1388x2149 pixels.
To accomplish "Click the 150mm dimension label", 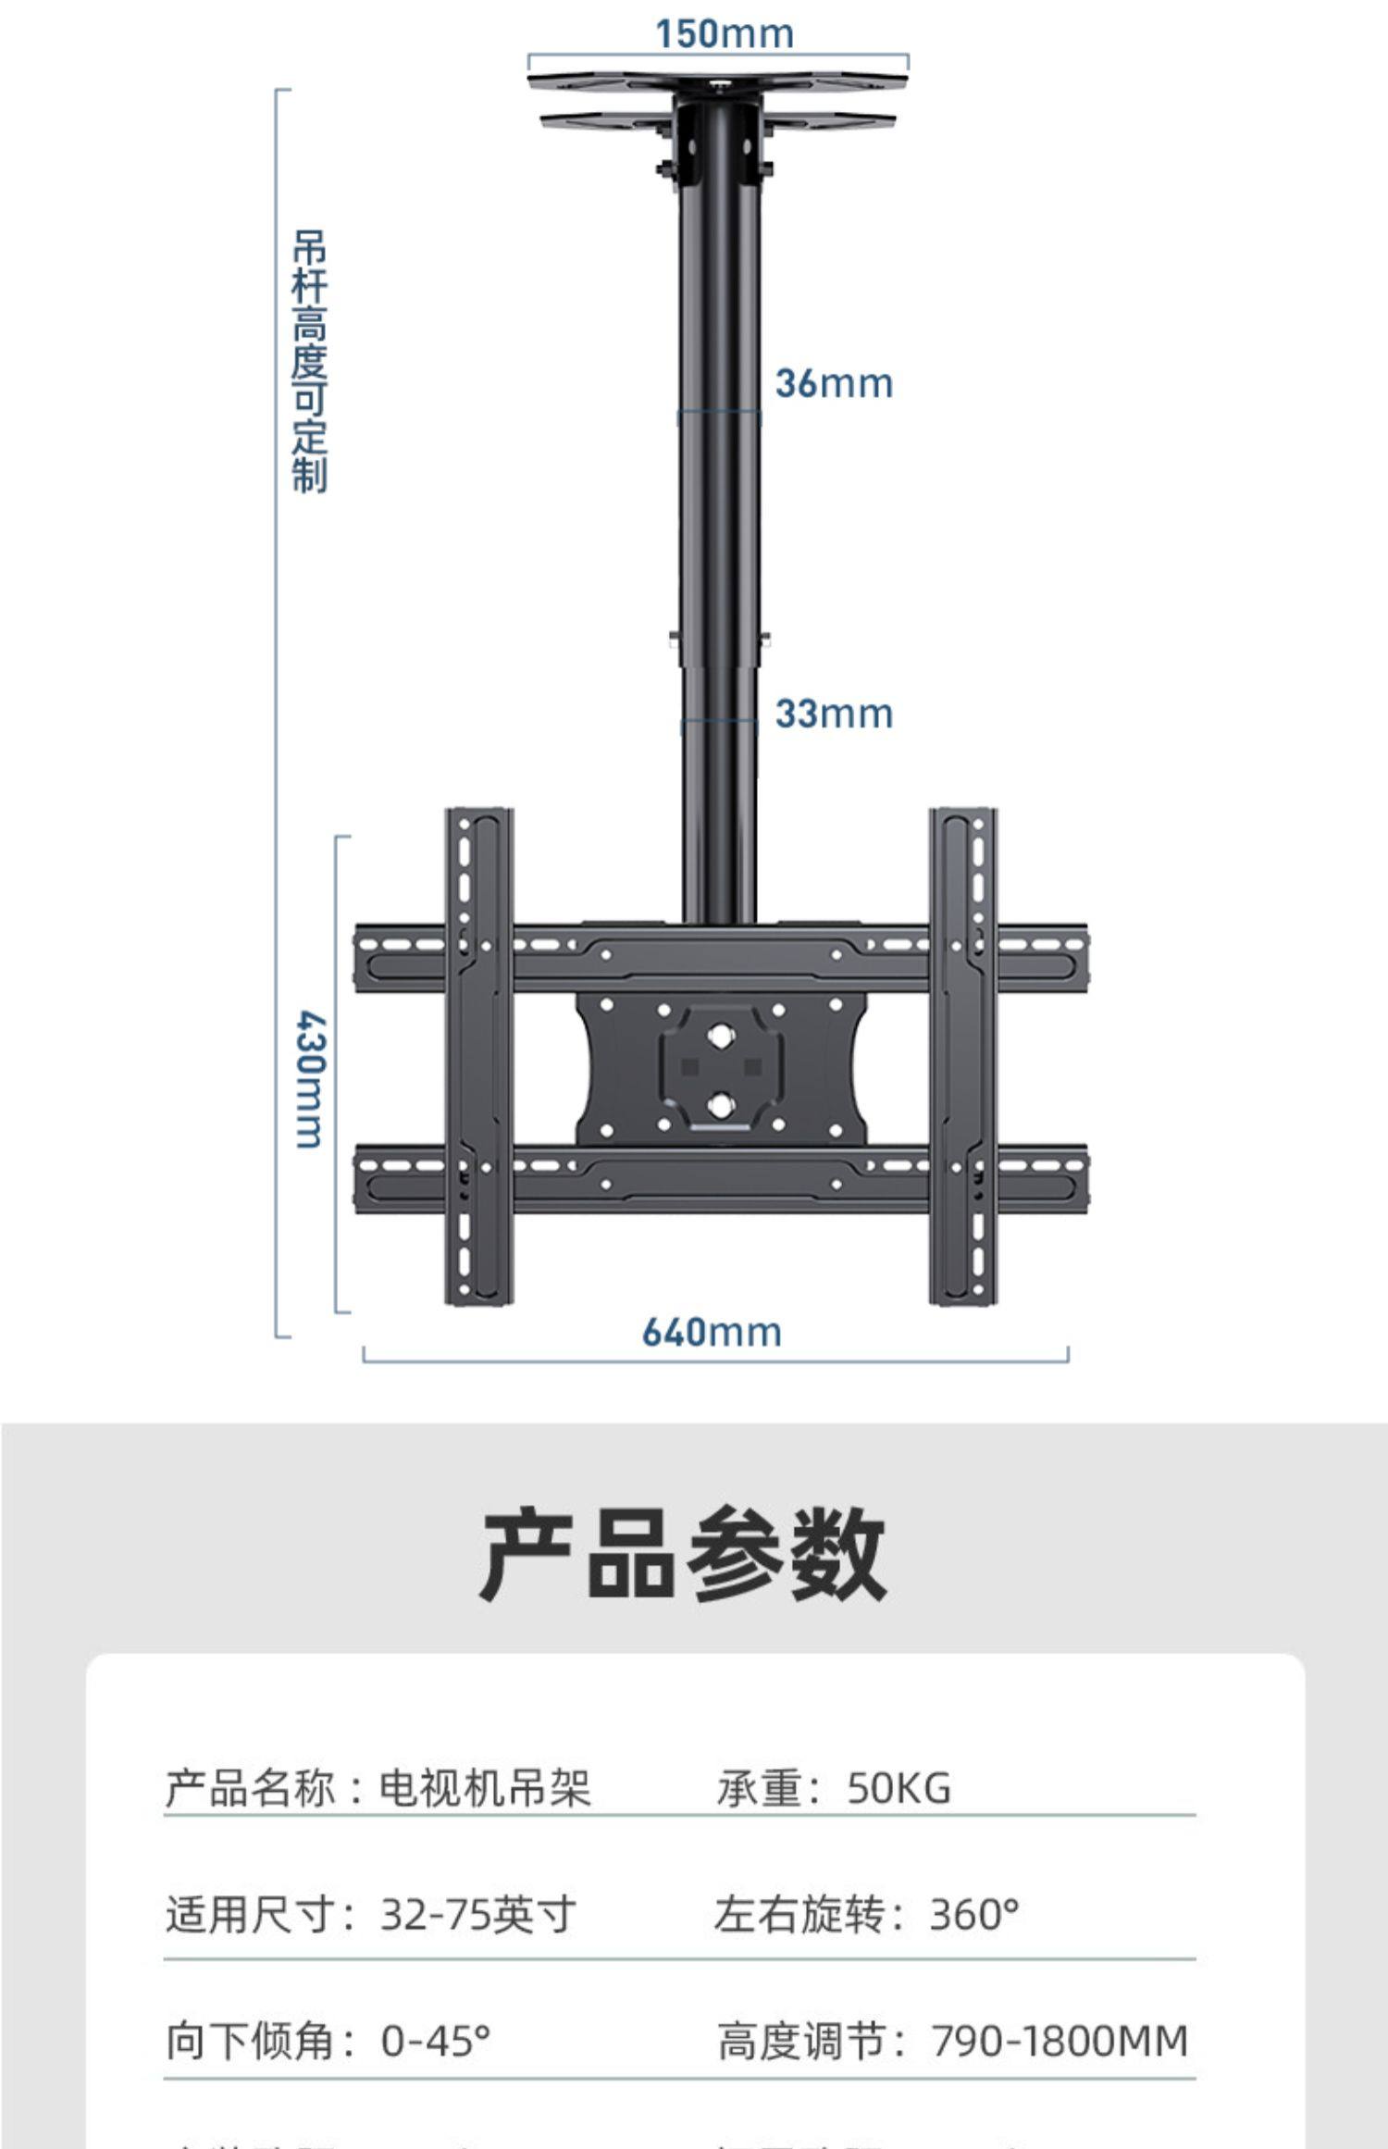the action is [725, 34].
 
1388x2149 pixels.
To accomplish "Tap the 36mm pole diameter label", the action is [834, 383].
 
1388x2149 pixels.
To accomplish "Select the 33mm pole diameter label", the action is [834, 714].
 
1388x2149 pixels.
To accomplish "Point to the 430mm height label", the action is [311, 1079].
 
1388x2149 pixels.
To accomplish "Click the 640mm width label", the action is [712, 1332].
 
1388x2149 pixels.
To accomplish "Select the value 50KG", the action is [898, 1788].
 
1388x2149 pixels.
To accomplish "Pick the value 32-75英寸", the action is [478, 1915].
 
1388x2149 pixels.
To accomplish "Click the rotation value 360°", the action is [973, 1915].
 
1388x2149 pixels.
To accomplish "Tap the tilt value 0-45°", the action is [435, 2041].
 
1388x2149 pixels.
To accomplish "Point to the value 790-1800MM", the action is [1059, 2041].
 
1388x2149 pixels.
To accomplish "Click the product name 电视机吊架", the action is [484, 1788].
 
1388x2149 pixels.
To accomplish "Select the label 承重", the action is [759, 1788].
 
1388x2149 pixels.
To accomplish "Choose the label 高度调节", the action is [801, 2041].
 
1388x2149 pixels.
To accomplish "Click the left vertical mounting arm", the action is [479, 1055].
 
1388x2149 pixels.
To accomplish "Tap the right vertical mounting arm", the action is [962, 1055].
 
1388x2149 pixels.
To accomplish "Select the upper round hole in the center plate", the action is [721, 1035].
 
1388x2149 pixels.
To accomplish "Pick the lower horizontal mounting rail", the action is [721, 1179].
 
